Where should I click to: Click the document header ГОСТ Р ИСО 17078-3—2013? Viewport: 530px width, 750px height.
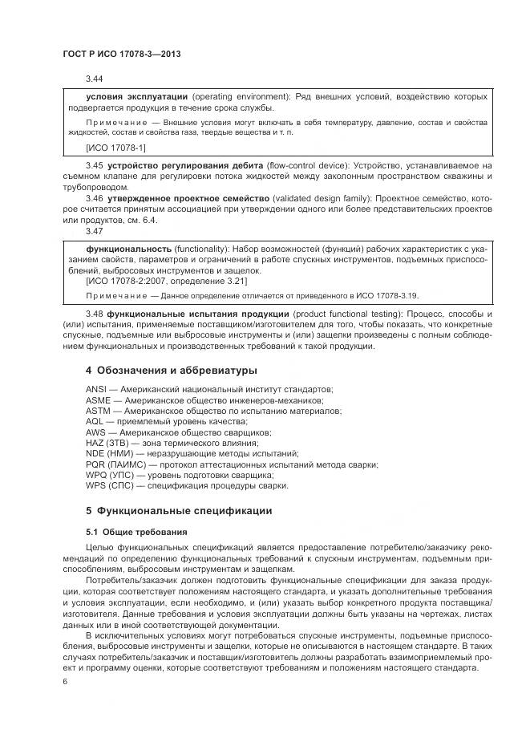point(121,54)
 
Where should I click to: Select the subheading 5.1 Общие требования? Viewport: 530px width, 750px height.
point(136,531)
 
